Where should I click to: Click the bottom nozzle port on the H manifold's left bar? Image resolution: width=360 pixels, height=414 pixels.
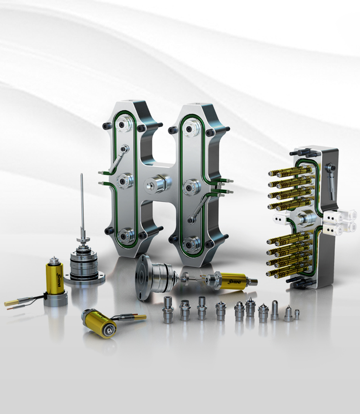(124, 236)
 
